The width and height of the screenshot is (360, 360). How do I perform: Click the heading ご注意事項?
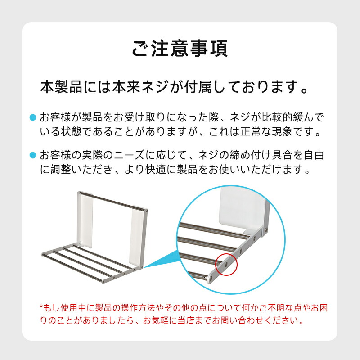point(180,49)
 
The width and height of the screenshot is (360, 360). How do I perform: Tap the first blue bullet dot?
point(33,117)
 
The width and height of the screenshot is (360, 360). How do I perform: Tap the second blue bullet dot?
point(33,155)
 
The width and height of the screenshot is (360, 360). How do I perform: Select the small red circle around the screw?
point(226,265)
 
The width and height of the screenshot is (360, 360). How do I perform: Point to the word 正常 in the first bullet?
point(251,131)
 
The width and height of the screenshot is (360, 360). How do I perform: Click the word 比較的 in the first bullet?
point(277,117)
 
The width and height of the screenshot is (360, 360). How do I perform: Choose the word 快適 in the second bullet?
point(156,169)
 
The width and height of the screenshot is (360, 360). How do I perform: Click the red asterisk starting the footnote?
point(41,307)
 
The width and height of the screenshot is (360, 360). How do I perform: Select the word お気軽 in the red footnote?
point(156,320)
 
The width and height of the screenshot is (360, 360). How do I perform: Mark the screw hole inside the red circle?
point(227,265)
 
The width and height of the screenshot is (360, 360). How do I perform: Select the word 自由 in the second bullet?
point(314,155)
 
